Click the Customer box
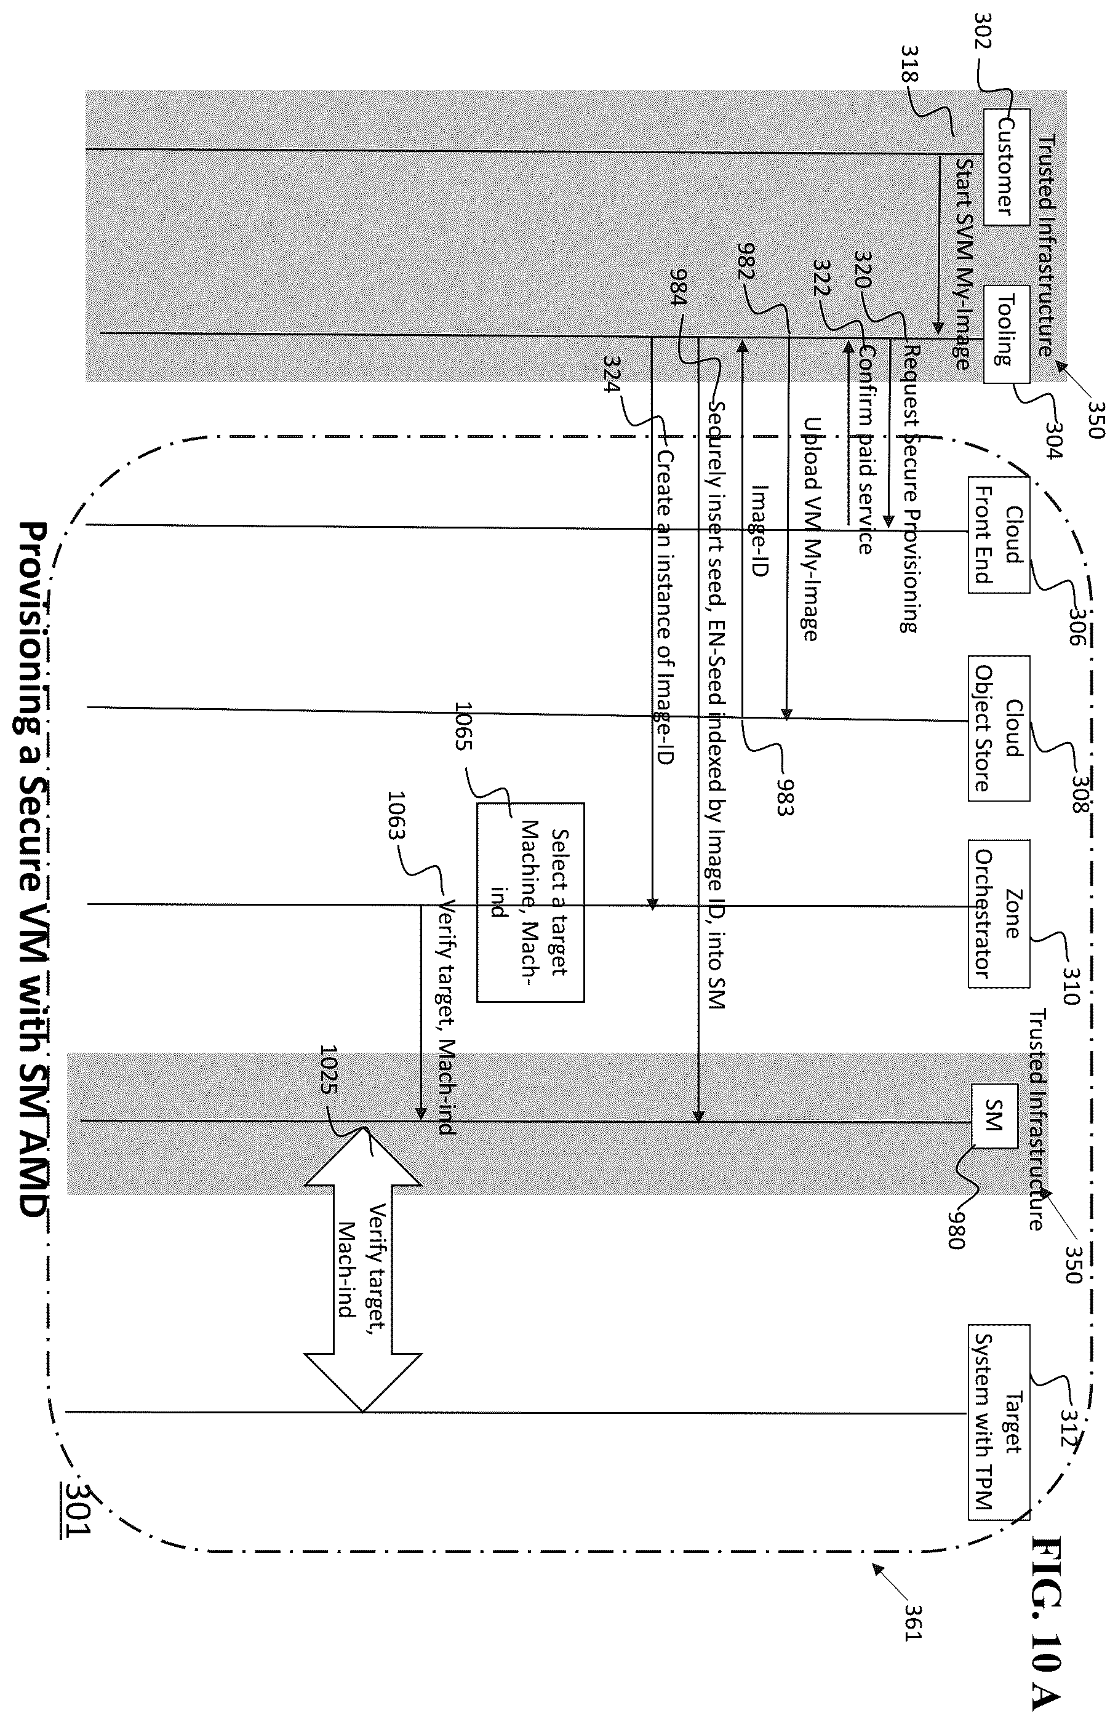[x=1005, y=167]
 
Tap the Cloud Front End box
[x=999, y=534]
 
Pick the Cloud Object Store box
[x=999, y=727]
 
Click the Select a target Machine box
[x=530, y=902]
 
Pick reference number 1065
[x=463, y=726]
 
